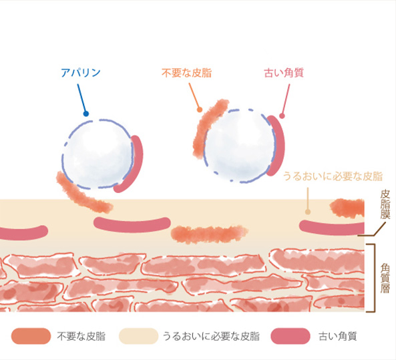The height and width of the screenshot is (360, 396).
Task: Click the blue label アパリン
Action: [x=81, y=73]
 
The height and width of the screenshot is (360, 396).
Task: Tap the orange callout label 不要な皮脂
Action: [x=186, y=73]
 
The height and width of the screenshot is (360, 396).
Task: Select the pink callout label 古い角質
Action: [x=284, y=73]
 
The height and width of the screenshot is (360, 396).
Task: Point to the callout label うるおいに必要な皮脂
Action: [x=333, y=176]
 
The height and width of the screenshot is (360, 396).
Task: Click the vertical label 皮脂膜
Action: [x=385, y=204]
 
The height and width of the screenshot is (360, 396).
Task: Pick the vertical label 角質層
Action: [x=385, y=278]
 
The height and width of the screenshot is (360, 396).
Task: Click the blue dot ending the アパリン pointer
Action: [x=86, y=114]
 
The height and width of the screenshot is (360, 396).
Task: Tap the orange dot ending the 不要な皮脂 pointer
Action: [x=200, y=110]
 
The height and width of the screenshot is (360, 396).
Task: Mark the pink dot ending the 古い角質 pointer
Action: [x=282, y=116]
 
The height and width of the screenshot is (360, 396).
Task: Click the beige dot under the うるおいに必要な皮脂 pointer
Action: [x=308, y=212]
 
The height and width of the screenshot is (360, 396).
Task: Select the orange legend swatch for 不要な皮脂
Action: [x=31, y=336]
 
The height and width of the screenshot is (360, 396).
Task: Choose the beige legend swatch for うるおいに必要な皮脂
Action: [x=138, y=336]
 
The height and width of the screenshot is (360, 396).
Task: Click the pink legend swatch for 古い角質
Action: [x=290, y=336]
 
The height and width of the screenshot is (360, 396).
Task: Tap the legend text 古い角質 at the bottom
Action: [x=338, y=337]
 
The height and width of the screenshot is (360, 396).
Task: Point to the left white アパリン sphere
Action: [x=98, y=154]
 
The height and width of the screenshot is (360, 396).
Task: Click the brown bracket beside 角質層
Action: [x=374, y=278]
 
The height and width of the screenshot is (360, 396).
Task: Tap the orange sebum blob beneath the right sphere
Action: [x=209, y=234]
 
